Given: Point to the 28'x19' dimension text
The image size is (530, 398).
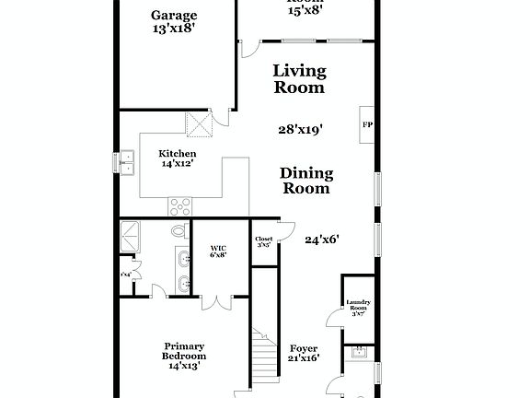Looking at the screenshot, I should point(300,130).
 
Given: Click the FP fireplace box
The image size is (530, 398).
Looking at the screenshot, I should point(367,124).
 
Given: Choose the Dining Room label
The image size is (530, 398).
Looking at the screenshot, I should point(306,181).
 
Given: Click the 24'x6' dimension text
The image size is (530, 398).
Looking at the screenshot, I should point(322,240).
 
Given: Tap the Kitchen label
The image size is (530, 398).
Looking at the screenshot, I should point(177,153).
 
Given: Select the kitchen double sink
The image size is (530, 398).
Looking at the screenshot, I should point(127,162).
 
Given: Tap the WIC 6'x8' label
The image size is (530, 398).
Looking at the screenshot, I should point(218,251).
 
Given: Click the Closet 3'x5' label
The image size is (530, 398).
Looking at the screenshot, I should point(264,242).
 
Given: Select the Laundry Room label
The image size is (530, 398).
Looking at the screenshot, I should point(358,307).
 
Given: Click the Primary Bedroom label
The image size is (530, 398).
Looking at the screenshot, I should point(183,355).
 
